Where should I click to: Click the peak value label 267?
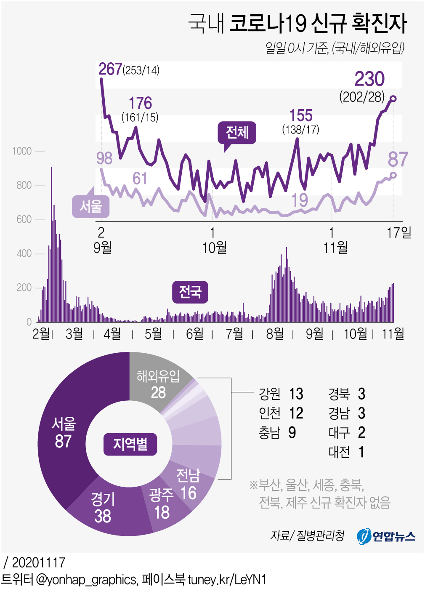pos(110,69)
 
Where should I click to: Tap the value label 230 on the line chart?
pos(369,79)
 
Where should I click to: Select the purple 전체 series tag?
pos(237,132)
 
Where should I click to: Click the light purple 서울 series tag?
pos(91,206)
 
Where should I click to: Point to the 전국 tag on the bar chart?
pos(190,292)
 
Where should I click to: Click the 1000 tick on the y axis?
pos(22,151)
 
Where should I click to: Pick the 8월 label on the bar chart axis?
pos(275,334)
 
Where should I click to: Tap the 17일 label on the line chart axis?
pos(399,232)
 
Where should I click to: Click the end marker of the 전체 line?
pos(393,99)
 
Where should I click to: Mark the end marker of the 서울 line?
pos(393,175)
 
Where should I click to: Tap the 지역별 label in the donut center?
pos(130,444)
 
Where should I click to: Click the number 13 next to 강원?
pos(296,394)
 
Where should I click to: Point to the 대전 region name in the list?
pos(339,452)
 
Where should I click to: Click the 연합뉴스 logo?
pos(386,536)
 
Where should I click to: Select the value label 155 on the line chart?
pos(301,115)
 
